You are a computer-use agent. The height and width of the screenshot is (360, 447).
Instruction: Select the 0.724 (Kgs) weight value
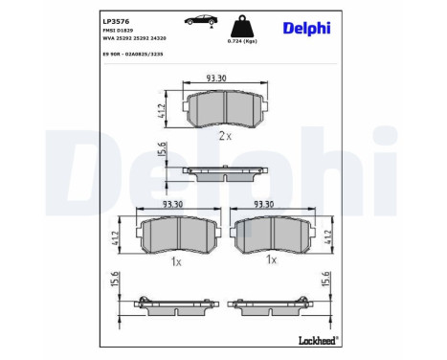(242, 41)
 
